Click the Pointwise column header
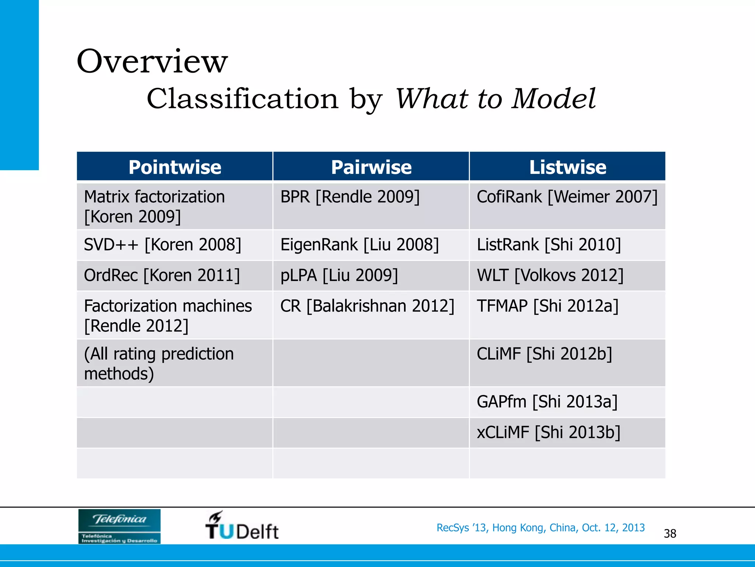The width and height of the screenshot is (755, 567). [175, 167]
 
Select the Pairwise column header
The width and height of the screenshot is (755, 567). [371, 167]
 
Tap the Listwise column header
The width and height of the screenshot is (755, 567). [567, 167]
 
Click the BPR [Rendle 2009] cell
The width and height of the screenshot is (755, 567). [350, 197]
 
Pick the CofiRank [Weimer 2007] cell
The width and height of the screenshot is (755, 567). [567, 197]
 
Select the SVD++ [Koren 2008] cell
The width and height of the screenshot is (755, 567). [163, 245]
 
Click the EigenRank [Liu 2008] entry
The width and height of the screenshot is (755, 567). [359, 245]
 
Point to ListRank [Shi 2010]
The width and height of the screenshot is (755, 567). [549, 245]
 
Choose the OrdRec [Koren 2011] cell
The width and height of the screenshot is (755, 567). [162, 275]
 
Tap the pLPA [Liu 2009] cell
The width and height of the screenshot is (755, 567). [339, 275]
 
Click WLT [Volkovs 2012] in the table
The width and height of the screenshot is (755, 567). [550, 275]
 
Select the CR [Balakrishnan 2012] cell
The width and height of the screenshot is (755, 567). [367, 306]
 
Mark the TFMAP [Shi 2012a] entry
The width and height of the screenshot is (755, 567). [547, 306]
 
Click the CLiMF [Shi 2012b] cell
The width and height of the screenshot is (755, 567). [544, 354]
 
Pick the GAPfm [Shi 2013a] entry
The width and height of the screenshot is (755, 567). [547, 402]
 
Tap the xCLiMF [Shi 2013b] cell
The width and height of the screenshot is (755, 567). [549, 432]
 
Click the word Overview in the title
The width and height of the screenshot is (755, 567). [152, 61]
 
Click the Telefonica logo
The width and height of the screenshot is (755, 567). [119, 526]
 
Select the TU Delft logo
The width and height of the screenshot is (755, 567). [241, 526]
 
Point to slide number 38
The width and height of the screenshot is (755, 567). [670, 533]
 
